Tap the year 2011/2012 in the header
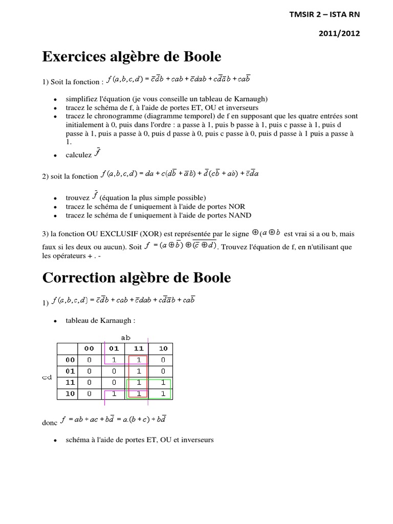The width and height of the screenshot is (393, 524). pyautogui.click(x=339, y=33)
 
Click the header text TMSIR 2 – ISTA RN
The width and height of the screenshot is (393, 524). pyautogui.click(x=324, y=14)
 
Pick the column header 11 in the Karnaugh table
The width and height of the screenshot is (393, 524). pyautogui.click(x=138, y=348)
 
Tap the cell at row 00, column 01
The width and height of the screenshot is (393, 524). pyautogui.click(x=114, y=360)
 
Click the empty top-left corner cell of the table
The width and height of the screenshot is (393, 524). pyautogui.click(x=67, y=348)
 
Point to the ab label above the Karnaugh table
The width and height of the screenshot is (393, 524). pyautogui.click(x=126, y=338)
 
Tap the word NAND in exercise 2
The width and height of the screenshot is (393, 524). pyautogui.click(x=239, y=215)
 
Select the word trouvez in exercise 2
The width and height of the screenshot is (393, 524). pyautogui.click(x=77, y=198)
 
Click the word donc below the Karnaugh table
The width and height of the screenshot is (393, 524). pyautogui.click(x=50, y=423)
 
